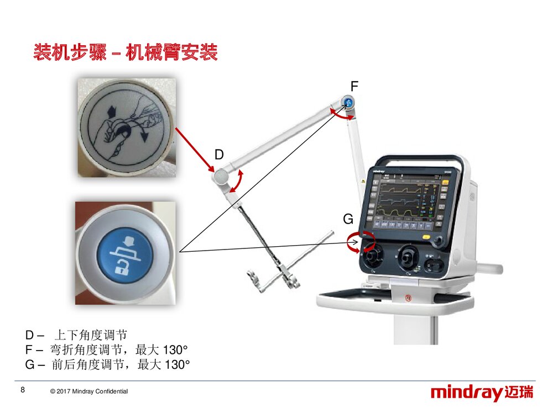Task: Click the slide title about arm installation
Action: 126,53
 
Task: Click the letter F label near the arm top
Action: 354,86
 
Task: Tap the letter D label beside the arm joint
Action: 219,155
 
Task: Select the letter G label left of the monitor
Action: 348,220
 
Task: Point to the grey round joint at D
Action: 220,176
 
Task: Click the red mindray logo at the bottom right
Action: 482,393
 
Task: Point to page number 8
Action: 22,390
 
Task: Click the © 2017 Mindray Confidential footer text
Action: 88,391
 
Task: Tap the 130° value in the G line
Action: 177,364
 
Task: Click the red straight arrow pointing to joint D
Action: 194,146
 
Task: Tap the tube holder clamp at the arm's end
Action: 274,279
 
